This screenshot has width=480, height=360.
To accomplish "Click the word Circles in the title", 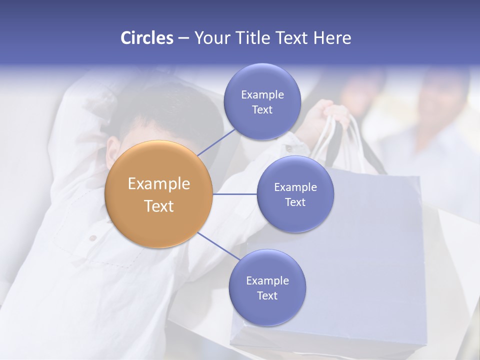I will [146, 38].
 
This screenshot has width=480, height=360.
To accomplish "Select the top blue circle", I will [262, 101].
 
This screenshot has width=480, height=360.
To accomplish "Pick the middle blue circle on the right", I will [295, 194].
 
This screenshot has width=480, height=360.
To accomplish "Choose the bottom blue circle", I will [267, 287].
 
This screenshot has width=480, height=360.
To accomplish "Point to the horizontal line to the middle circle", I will [234, 194].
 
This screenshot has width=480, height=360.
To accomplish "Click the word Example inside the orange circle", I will [158, 184].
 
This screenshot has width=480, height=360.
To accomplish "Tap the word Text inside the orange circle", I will [158, 206].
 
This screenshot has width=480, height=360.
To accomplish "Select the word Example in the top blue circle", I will [262, 94].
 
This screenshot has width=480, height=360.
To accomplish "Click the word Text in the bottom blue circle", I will [267, 295].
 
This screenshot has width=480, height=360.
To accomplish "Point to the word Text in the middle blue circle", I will [295, 202].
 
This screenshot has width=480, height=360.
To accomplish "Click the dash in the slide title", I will [183, 38].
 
